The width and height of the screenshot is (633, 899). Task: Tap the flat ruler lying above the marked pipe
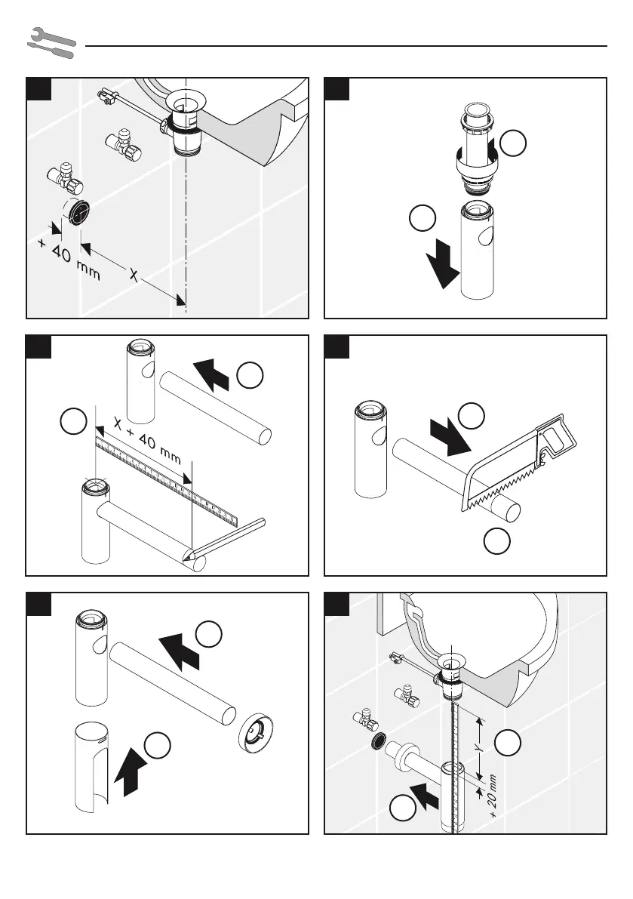coord(166,480)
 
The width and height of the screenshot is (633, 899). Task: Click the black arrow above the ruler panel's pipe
coord(213,374)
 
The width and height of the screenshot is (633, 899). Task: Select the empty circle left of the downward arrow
coord(420,219)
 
